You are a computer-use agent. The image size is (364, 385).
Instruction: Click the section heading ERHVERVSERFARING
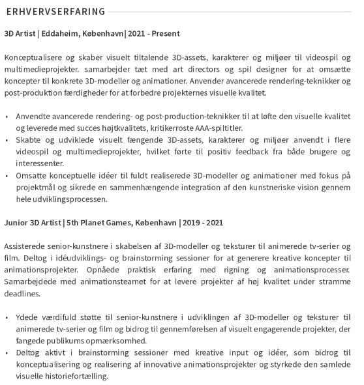click(55, 12)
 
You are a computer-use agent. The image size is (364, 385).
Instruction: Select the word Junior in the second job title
click(16, 222)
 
